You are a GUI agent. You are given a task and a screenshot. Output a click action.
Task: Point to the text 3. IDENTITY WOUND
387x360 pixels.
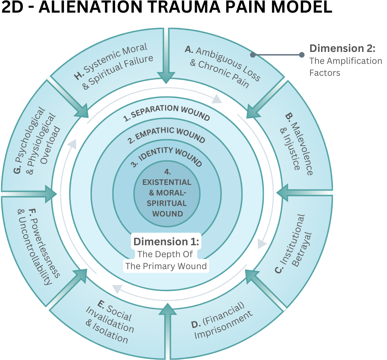tap(167, 157)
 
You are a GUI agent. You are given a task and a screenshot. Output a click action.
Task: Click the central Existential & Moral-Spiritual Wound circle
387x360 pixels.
tap(167, 193)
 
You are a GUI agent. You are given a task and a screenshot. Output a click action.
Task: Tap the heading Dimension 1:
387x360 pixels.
tap(167, 242)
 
